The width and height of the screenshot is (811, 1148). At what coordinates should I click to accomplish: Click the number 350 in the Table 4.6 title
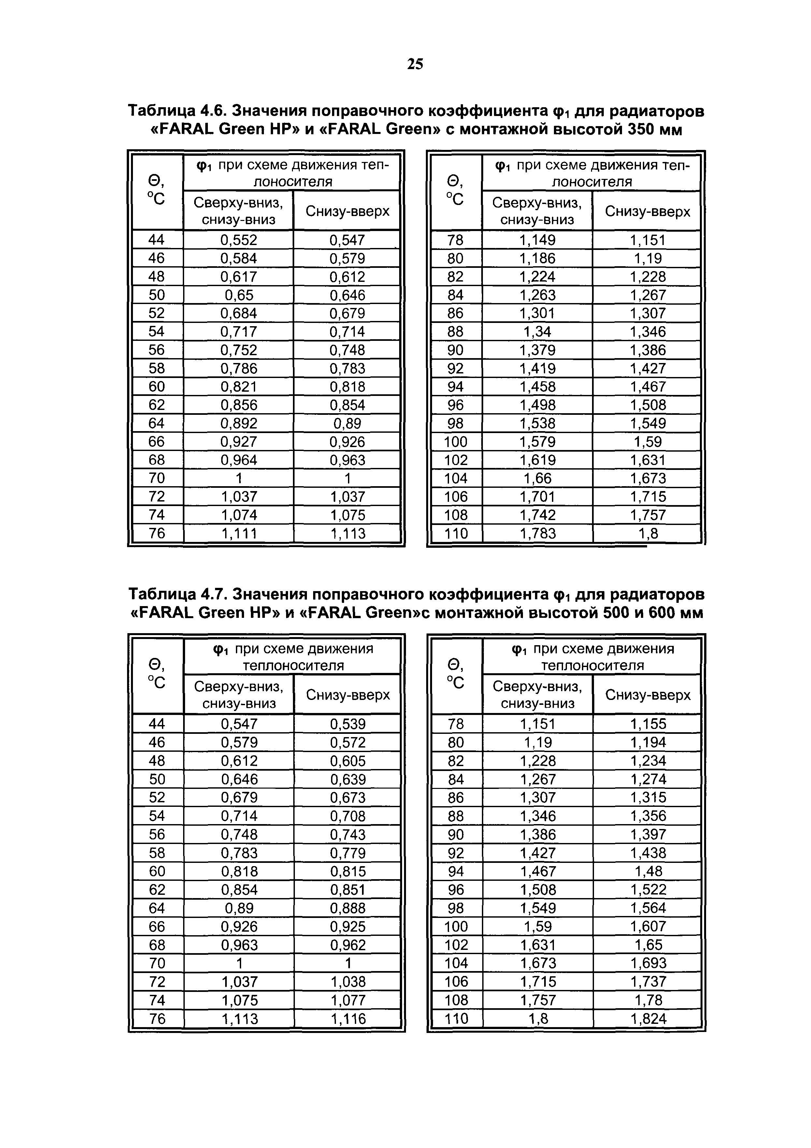tap(643, 130)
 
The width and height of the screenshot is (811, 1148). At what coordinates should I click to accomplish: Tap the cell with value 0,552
tap(239, 240)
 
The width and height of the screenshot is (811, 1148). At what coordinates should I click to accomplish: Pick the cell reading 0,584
tap(239, 258)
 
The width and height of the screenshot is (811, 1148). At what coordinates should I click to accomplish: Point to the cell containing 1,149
tap(538, 240)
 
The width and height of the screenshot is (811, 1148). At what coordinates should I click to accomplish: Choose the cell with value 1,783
tap(538, 533)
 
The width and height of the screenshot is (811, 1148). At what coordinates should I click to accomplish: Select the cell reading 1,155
tap(648, 724)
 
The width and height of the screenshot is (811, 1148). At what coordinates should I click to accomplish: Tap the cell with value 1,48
tap(648, 871)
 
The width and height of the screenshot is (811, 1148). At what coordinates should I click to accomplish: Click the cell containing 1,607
tap(648, 926)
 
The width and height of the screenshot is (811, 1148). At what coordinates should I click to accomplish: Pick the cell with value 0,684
tap(239, 313)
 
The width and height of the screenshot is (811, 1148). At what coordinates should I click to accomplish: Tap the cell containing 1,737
tap(648, 981)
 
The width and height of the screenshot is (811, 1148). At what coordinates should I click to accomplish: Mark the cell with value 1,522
tap(648, 890)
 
